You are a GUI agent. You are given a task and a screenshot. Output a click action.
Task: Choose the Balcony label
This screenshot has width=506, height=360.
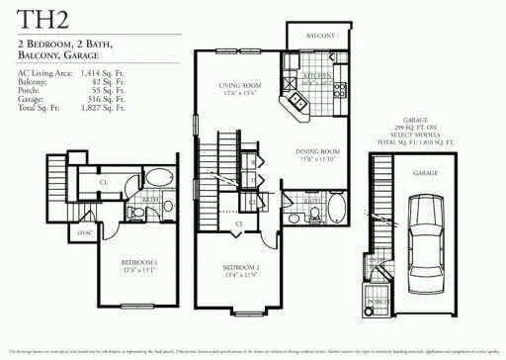320,35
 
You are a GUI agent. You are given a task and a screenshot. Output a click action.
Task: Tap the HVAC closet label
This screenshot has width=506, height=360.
85,233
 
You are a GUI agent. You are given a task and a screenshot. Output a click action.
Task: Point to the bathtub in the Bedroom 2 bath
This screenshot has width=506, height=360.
336,209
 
